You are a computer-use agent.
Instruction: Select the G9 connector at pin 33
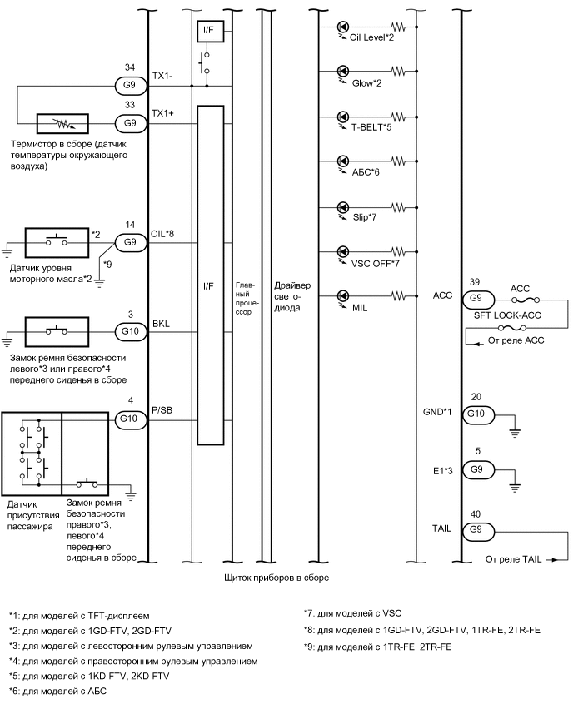tap(130, 122)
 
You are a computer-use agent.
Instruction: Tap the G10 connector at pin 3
tap(130, 330)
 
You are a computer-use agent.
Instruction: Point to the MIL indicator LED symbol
tap(343, 295)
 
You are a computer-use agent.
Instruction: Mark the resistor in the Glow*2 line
tap(400, 71)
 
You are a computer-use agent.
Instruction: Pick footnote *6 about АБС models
tap(57, 690)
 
